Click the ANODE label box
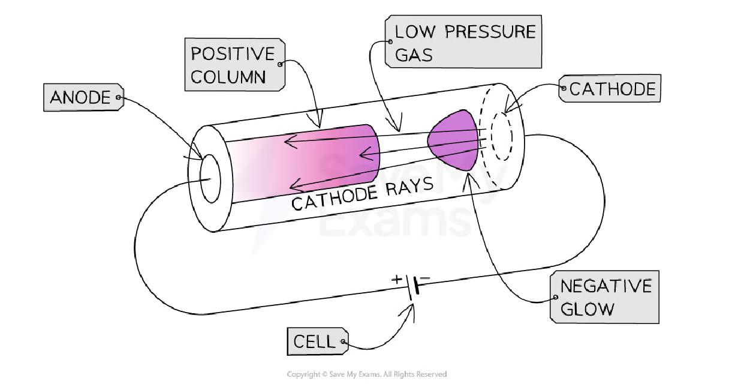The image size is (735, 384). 81,97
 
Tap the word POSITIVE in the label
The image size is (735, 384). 232,54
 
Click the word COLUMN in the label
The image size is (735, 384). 228,77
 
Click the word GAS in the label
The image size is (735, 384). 414,56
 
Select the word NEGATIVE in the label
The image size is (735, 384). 605,286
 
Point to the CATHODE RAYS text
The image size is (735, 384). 362,194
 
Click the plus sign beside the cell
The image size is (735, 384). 397,279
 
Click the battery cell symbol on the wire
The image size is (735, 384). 413,289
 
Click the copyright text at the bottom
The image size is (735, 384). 367,374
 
